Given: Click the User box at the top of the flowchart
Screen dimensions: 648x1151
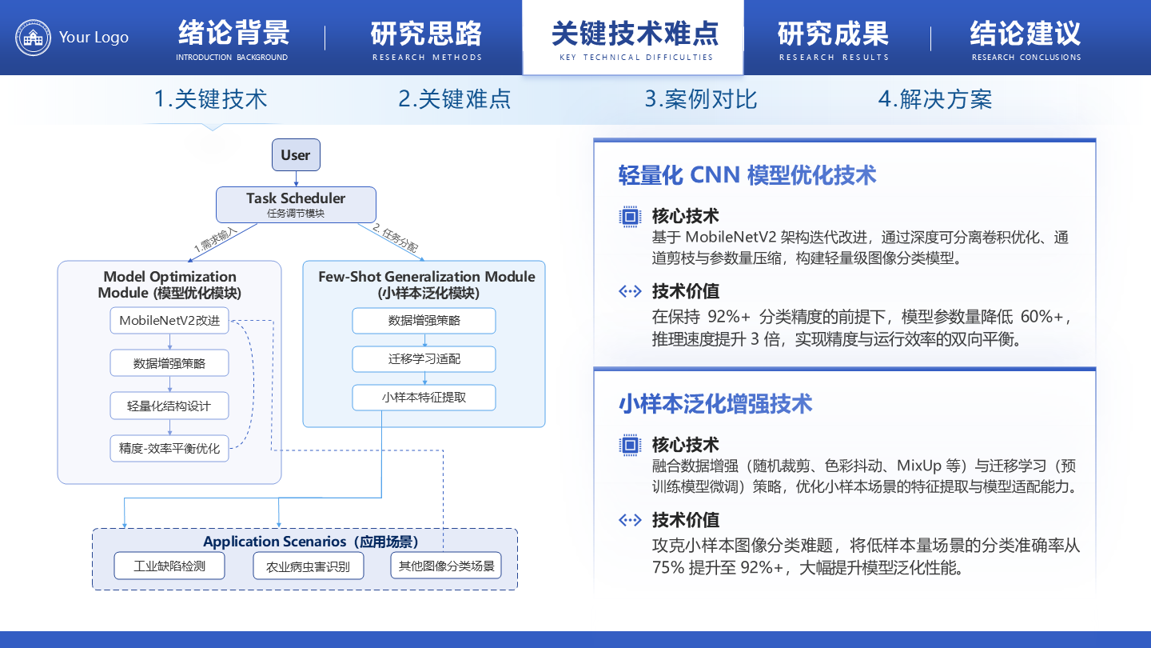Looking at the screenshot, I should coord(296,155).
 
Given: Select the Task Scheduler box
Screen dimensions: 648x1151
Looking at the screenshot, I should coord(296,205).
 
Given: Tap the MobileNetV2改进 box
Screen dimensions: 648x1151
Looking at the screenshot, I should coord(169,321).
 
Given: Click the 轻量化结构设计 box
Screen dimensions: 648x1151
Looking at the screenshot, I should coord(169,406).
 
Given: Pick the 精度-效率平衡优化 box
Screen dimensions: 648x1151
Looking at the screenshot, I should coord(169,448).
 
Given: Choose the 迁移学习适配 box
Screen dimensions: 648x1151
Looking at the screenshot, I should coord(424,359).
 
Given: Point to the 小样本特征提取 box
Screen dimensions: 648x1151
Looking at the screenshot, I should coord(424,397).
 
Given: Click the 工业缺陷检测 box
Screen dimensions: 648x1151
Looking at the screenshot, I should coord(169,566).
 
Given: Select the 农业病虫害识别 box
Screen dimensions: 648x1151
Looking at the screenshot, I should coord(308,566).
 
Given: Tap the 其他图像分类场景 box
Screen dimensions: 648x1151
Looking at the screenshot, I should coord(446,566).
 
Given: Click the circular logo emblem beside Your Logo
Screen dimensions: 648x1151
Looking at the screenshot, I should coord(33,38).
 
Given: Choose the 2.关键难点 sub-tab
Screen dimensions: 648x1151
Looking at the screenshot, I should coord(454,99).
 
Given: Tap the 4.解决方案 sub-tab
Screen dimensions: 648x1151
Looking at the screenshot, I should coord(934,99).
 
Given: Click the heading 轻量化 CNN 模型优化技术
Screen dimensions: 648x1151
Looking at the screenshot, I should coord(747,175).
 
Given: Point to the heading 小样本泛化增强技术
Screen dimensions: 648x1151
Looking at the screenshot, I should coord(715,404).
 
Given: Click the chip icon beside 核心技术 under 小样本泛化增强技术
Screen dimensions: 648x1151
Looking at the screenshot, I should coord(631,445).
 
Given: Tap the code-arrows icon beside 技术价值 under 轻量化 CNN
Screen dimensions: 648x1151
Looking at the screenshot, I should coord(631,291).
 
